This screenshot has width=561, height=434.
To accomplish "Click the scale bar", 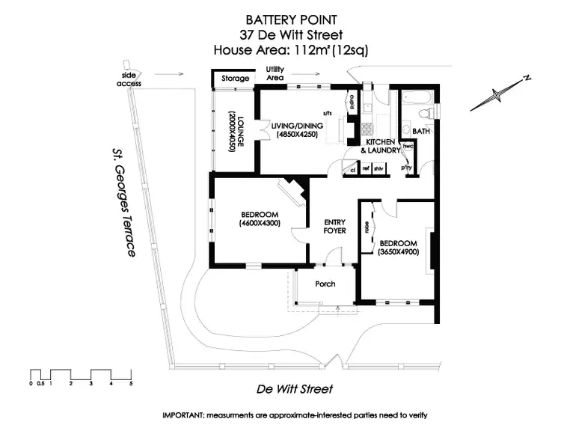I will pyautogui.click(x=81, y=374).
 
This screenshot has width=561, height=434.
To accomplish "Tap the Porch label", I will pyautogui.click(x=325, y=284).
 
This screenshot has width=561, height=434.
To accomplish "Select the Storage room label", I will pyautogui.click(x=236, y=79).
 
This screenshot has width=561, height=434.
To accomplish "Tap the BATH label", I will pyautogui.click(x=421, y=132).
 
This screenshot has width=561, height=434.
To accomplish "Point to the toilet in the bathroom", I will pyautogui.click(x=424, y=113).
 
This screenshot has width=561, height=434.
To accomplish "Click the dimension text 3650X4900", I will pyautogui.click(x=398, y=253).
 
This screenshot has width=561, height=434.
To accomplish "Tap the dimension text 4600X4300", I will pyautogui.click(x=260, y=223).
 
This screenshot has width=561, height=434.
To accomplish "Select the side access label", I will pyautogui.click(x=129, y=79).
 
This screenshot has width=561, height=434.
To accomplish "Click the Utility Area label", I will pyautogui.click(x=275, y=73).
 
